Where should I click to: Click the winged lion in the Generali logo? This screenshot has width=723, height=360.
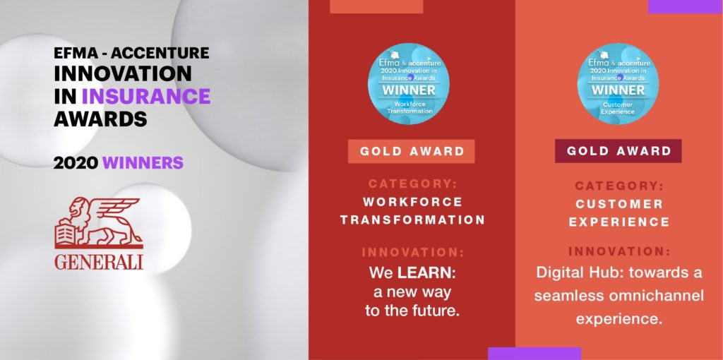click(98, 222)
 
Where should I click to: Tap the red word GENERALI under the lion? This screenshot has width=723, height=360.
click(99, 261)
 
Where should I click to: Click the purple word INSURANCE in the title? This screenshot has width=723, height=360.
click(146, 96)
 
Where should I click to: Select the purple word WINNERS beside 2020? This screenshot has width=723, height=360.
click(143, 163)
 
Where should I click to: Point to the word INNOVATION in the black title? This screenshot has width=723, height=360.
click(123, 73)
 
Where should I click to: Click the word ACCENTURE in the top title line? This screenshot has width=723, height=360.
click(160, 53)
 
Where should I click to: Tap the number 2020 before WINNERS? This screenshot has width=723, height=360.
click(76, 163)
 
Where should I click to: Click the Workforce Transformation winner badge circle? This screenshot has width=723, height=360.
click(408, 84)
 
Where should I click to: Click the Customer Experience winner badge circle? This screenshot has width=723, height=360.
click(618, 84)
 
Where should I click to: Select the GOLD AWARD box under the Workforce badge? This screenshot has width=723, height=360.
click(412, 151)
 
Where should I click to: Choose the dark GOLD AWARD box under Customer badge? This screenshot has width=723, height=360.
click(619, 151)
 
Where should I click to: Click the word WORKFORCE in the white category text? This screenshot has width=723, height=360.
click(412, 202)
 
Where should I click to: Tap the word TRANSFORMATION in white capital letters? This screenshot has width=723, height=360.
click(412, 220)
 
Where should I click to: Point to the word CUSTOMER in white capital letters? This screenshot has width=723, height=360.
click(619, 204)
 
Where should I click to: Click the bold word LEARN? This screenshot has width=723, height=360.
click(424, 273)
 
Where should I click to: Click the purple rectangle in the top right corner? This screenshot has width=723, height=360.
click(685, 6)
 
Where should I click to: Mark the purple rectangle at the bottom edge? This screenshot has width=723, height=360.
click(534, 354)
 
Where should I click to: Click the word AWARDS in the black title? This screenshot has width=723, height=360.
click(100, 119)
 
